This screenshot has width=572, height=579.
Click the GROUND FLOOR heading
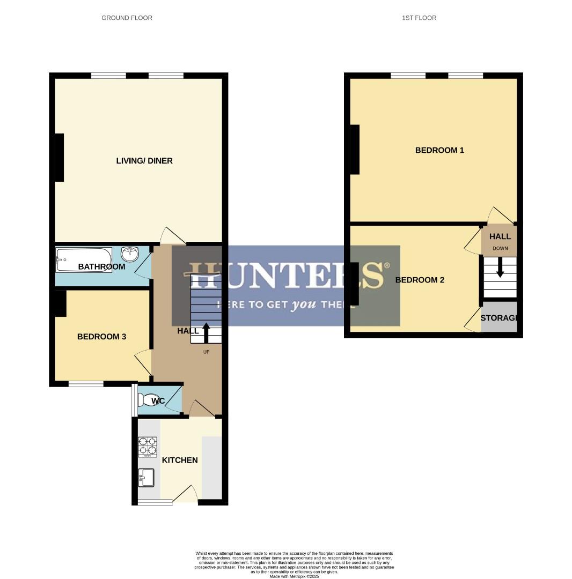pyautogui.click(x=127, y=18)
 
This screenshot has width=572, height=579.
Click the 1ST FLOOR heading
pyautogui.click(x=419, y=18)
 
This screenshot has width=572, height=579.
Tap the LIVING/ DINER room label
pyautogui.click(x=144, y=161)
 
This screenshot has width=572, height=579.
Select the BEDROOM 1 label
pyautogui.click(x=439, y=150)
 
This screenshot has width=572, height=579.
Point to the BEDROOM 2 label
pyautogui.click(x=420, y=280)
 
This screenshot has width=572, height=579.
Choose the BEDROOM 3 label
pyautogui.click(x=101, y=337)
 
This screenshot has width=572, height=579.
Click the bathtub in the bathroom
pyautogui.click(x=84, y=260)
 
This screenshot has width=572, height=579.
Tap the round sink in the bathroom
pyautogui.click(x=130, y=254)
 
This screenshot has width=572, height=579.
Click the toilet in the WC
pyautogui.click(x=146, y=400)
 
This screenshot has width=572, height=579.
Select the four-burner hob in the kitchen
pyautogui.click(x=148, y=447)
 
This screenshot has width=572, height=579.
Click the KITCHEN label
pyautogui.click(x=180, y=460)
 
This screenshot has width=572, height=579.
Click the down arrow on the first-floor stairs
pyautogui.click(x=500, y=268)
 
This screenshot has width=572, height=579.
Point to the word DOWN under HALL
pyautogui.click(x=500, y=248)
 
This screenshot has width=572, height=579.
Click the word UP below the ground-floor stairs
pyautogui.click(x=206, y=352)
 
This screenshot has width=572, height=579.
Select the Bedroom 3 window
pyautogui.click(x=86, y=383)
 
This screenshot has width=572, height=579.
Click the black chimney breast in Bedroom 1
pyautogui.click(x=355, y=150)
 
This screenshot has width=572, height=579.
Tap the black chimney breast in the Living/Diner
pyautogui.click(x=59, y=158)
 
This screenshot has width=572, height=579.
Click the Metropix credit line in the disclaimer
pyautogui.click(x=294, y=576)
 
